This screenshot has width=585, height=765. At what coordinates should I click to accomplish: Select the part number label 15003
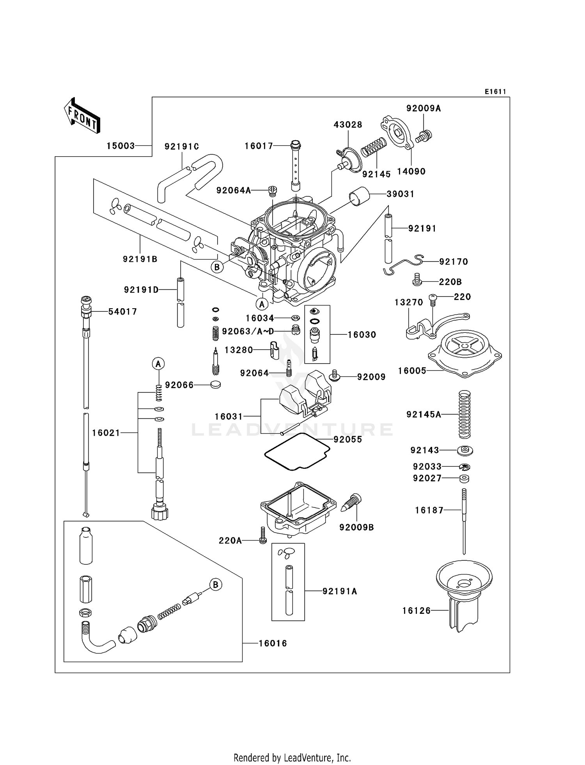121,146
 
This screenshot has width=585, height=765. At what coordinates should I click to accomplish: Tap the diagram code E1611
495,92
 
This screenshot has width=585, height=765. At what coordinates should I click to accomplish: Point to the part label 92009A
423,109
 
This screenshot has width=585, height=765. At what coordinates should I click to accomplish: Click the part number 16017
259,146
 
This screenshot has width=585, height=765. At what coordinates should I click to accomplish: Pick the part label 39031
400,194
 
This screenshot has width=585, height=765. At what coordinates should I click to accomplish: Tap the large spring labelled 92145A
464,414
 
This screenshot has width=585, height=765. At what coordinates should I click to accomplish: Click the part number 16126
416,611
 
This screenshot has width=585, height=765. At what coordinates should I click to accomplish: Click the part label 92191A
340,591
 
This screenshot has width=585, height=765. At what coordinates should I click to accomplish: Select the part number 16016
273,643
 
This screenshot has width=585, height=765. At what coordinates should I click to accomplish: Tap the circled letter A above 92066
158,364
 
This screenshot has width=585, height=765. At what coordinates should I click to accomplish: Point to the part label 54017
122,312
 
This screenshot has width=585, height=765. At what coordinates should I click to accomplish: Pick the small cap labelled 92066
215,385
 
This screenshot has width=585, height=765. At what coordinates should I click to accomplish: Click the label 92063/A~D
248,332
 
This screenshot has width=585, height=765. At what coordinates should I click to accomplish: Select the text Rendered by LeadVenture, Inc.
292,758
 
